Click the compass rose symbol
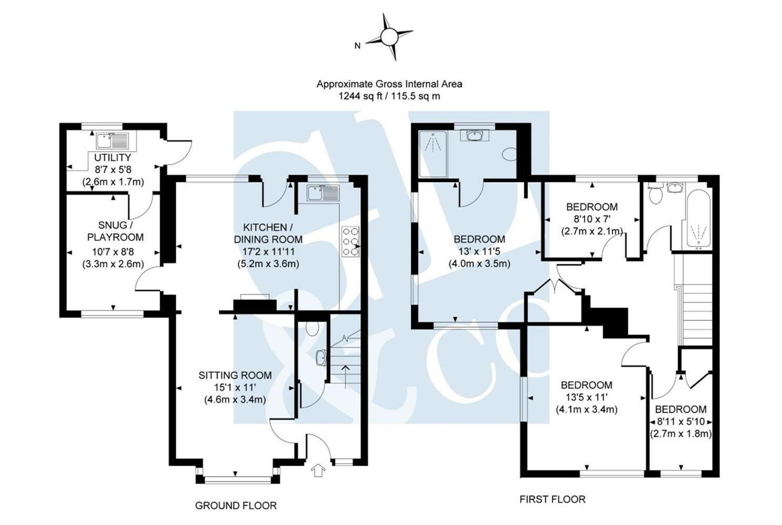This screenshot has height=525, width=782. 389,37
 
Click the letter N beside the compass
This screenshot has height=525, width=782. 357,46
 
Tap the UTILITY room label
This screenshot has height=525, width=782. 112,157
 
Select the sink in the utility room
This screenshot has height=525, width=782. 112,141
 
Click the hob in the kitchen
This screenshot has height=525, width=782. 351,241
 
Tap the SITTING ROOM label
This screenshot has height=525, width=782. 235,375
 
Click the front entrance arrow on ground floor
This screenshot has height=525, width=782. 318,471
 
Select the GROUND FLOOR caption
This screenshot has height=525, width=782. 236,506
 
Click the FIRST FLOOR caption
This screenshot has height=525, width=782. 552,499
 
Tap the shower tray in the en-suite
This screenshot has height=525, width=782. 433,153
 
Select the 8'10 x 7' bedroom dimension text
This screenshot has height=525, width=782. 591,219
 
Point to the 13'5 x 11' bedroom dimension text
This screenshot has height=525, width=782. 586,397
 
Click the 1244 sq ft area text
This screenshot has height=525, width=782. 389,96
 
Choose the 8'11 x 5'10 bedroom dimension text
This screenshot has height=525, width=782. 681,422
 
